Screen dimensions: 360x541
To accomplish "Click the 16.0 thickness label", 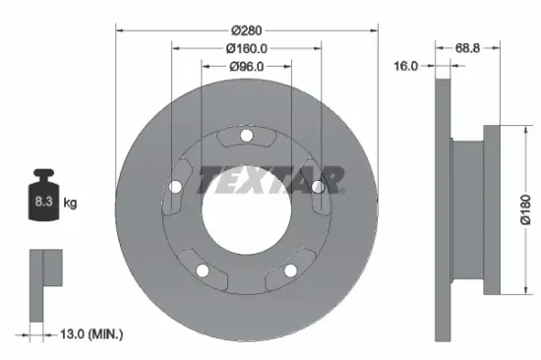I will (405, 66).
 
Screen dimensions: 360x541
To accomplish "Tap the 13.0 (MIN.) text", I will (90, 335).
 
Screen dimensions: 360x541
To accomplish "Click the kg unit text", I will (71, 203).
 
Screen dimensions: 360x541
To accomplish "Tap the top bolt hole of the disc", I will (247, 136).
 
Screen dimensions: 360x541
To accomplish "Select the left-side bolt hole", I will (175, 187).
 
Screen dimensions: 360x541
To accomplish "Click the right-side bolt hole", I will (319, 187).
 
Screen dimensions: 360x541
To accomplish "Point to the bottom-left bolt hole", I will (203, 270).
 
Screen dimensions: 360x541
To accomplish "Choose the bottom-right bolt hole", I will (291, 270).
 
